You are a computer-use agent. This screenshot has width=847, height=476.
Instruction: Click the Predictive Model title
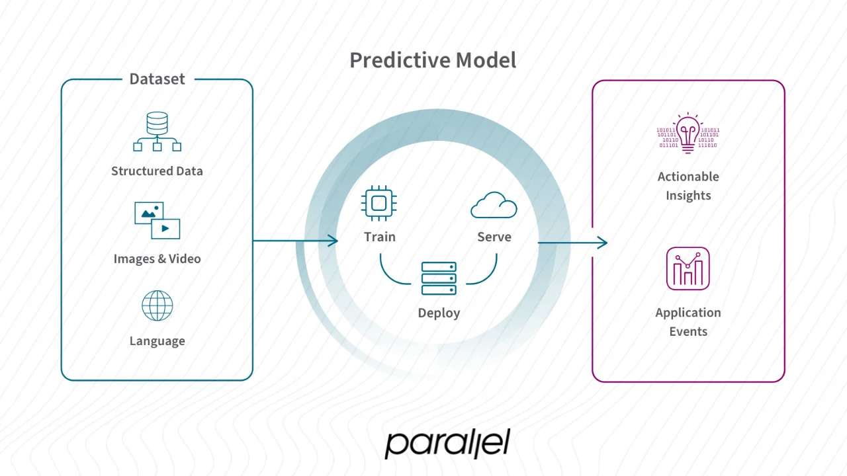[433, 60]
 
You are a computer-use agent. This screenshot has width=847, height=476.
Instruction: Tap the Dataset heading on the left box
[157, 79]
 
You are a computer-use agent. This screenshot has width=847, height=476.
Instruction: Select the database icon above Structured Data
[157, 132]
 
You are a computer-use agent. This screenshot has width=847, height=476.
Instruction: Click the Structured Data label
[157, 171]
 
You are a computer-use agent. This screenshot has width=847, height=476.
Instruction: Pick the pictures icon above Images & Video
[157, 220]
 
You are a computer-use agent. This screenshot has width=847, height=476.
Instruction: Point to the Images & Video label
[157, 258]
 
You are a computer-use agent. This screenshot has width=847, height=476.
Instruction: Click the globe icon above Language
[157, 306]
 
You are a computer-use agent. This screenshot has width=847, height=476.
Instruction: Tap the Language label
[157, 341]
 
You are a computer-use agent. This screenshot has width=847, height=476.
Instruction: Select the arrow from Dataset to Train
[295, 241]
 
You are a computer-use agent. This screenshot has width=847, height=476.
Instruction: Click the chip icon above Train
[380, 203]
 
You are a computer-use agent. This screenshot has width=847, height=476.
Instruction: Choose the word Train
[380, 237]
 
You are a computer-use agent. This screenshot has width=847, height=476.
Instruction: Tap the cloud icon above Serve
[494, 206]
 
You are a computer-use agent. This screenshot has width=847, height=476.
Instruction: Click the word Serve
[494, 237]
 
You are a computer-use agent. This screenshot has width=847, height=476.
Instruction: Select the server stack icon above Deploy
[439, 278]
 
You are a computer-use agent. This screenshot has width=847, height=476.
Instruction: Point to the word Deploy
[439, 313]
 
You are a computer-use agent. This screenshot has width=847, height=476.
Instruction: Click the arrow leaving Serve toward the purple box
[572, 243]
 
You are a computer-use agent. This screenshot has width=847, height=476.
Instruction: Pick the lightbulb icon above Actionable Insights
[688, 134]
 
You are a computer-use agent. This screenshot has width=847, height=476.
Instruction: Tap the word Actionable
[688, 177]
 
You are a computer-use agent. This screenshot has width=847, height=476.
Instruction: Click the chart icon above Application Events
[688, 268]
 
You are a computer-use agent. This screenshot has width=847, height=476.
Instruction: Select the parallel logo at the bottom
[447, 444]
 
